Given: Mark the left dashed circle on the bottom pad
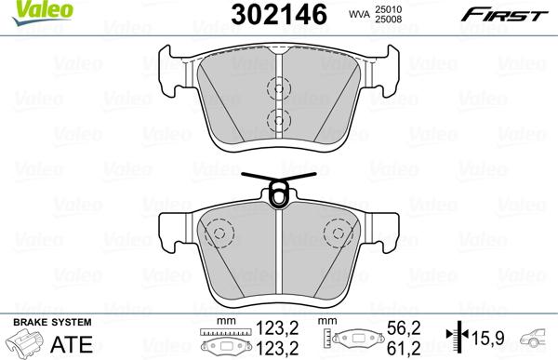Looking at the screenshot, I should tap(218, 233).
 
